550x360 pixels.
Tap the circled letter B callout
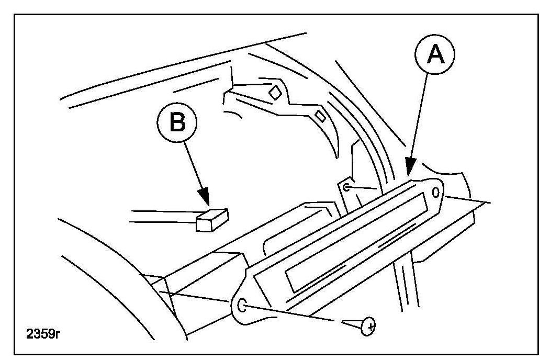pyautogui.click(x=177, y=124)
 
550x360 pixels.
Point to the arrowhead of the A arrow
pyautogui.click(x=409, y=171)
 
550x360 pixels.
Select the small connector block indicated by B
pyautogui.click(x=212, y=220)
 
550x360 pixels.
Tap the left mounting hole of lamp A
pyautogui.click(x=242, y=305)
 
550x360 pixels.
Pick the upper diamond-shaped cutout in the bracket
pyautogui.click(x=274, y=92)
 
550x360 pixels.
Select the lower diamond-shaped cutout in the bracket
pyautogui.click(x=320, y=116)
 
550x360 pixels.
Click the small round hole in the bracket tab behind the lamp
pyautogui.click(x=346, y=187)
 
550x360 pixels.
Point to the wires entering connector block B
pyautogui.click(x=162, y=217)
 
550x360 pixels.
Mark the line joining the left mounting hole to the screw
pyautogui.click(x=293, y=313)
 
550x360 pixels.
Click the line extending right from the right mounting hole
pyautogui.click(x=466, y=199)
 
